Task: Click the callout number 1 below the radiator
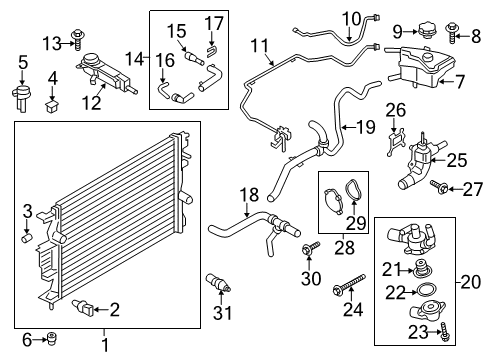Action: tap(104, 346)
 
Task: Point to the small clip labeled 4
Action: tap(53, 101)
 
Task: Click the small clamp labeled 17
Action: tap(213, 49)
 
